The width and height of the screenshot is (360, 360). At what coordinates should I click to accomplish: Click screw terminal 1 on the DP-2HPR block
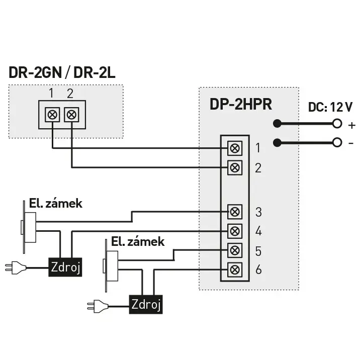click(235, 148)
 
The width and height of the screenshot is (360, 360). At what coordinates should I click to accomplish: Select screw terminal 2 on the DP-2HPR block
click(235, 168)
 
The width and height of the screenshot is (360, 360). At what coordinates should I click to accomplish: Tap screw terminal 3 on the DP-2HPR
click(235, 212)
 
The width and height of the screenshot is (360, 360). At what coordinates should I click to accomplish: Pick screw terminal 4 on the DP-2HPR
click(235, 231)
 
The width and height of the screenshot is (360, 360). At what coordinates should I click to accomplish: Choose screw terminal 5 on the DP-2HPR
click(235, 250)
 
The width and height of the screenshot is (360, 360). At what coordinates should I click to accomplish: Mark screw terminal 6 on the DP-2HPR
click(235, 270)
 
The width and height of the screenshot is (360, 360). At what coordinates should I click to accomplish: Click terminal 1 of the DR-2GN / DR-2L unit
click(52, 114)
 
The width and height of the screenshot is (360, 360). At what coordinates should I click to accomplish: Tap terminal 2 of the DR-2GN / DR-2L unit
click(71, 114)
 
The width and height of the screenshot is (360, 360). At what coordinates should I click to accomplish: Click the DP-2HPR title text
click(241, 105)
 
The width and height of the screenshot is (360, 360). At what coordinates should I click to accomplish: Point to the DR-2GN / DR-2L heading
click(62, 72)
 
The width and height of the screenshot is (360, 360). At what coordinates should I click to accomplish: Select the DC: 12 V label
click(330, 107)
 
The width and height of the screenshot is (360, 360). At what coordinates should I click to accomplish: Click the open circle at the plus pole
click(337, 124)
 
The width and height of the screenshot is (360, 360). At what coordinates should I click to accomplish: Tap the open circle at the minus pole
click(337, 143)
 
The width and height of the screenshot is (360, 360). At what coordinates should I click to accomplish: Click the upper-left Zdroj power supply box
click(65, 267)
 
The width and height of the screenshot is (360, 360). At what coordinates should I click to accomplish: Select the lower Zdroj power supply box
click(146, 305)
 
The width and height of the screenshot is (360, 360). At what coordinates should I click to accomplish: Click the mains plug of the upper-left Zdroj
click(16, 267)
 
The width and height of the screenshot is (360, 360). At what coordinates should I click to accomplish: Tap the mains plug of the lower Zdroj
click(98, 306)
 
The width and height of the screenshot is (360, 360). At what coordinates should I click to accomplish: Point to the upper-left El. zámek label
click(56, 204)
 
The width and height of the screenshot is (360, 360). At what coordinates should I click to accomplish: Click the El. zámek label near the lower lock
click(138, 242)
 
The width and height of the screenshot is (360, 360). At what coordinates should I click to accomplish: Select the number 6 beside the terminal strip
click(258, 269)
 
